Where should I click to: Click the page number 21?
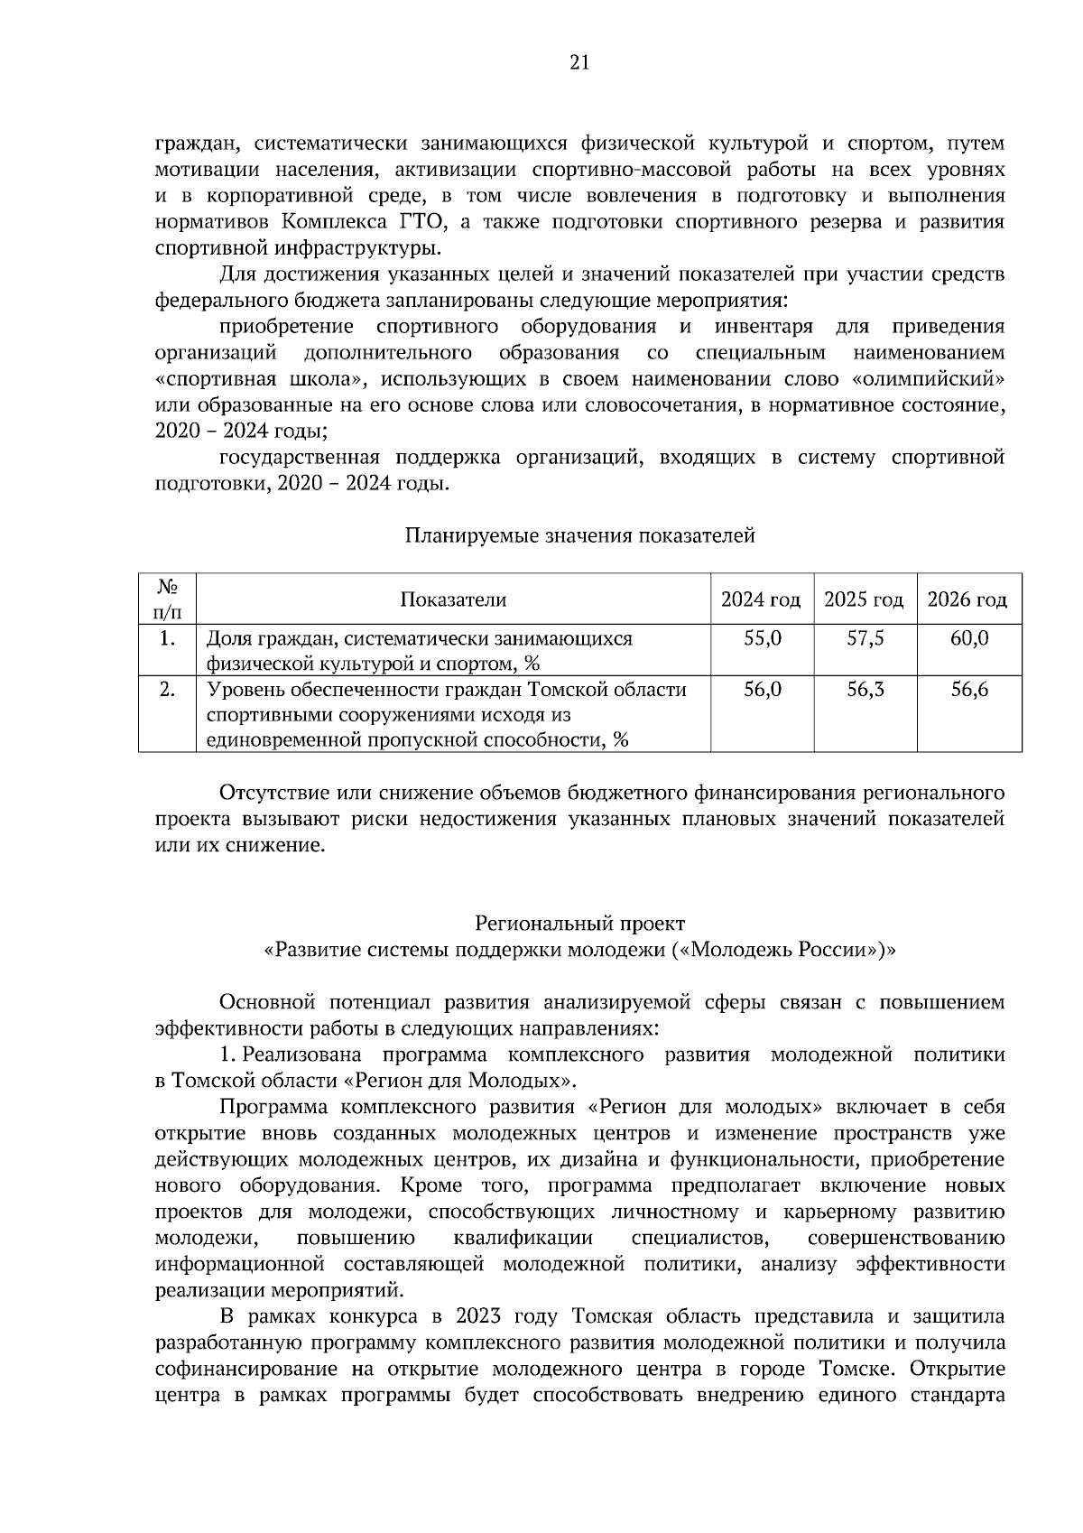(579, 62)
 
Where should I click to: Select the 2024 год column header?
(761, 599)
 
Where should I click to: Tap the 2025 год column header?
(865, 599)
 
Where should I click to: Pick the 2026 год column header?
(968, 599)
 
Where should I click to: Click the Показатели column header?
(453, 599)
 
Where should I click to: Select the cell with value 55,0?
(762, 639)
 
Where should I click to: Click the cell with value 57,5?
(865, 639)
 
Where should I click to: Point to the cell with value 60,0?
(969, 639)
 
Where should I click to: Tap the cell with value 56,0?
(762, 691)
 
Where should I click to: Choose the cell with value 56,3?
(865, 691)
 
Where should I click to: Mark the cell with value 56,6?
(969, 691)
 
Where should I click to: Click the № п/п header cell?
(167, 599)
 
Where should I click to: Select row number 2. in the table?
(167, 691)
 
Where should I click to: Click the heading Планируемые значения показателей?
(579, 536)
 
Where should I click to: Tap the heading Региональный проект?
(579, 924)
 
